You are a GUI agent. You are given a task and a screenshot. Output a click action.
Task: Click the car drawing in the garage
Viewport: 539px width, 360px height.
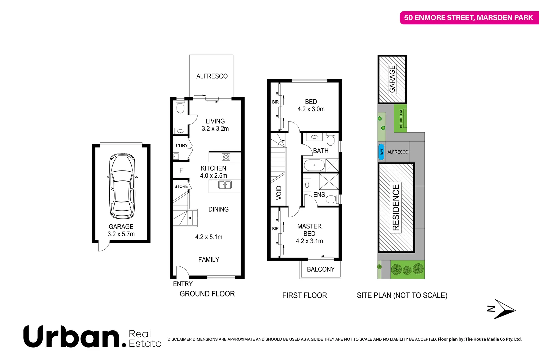click(122, 186)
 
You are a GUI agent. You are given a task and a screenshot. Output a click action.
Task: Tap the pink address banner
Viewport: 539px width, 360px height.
click(468, 18)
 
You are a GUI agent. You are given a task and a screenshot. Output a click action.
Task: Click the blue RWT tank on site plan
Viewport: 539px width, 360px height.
click(382, 152)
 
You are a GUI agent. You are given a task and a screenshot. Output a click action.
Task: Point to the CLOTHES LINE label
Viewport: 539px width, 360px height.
click(401, 119)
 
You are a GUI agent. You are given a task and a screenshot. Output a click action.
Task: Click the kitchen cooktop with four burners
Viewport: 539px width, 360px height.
click(226, 157)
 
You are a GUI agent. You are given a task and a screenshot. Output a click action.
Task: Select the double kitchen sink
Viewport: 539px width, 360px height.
click(225, 185)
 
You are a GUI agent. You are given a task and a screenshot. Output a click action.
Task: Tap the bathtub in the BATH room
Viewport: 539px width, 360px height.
click(314, 165)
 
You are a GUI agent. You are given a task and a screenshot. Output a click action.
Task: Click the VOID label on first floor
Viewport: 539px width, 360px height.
click(279, 193)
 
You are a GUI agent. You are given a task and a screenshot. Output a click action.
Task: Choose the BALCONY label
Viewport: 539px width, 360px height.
click(321, 269)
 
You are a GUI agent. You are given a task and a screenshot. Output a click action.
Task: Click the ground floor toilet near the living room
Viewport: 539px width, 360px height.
click(180, 108)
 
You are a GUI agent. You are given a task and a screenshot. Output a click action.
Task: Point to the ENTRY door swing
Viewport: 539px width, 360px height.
click(182, 272)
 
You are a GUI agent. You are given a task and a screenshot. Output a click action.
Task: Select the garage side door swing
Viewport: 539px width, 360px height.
click(104, 247)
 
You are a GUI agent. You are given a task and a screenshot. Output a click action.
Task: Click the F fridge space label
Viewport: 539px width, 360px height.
click(181, 170)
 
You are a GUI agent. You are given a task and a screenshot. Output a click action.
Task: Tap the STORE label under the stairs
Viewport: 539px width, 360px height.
click(181, 186)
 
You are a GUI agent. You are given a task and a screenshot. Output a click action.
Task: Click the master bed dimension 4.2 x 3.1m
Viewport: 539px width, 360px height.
click(309, 241)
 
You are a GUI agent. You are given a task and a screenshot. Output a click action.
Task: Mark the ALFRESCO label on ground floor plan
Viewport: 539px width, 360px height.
click(212, 76)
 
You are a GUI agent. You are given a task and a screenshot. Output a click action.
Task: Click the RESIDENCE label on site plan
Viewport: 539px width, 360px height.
click(396, 207)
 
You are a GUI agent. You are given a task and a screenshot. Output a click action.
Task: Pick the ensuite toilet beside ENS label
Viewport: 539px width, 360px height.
click(331, 199)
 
